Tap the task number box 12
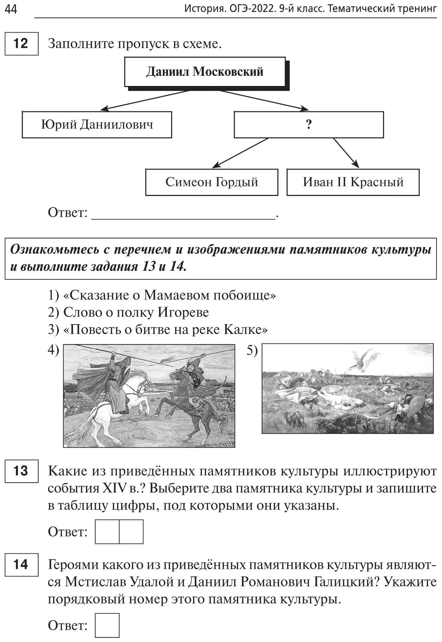pyautogui.click(x=21, y=43)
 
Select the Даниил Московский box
pyautogui.click(x=205, y=72)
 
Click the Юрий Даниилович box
pyautogui.click(x=97, y=125)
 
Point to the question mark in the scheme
pyautogui.click(x=309, y=125)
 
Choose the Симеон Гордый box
pyautogui.click(x=212, y=182)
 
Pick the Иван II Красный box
pyautogui.click(x=353, y=182)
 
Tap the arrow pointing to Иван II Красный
pyautogui.click(x=346, y=153)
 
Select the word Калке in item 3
pyautogui.click(x=246, y=329)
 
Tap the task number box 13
pyautogui.click(x=21, y=471)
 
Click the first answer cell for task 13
pyautogui.click(x=107, y=532)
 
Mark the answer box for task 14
pyautogui.click(x=107, y=625)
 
